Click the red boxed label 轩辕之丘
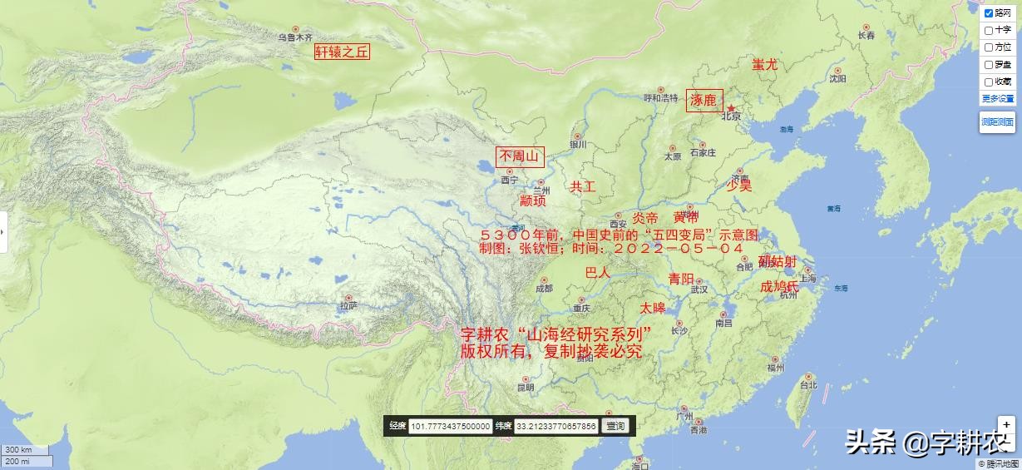tap(342, 52)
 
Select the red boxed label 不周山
tap(520, 156)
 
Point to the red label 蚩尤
tap(765, 64)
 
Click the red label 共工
tap(582, 187)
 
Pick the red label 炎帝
tap(644, 218)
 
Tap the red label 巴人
tap(598, 273)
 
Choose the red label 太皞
tap(653, 308)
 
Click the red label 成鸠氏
tap(779, 286)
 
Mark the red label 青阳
tap(681, 279)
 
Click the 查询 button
tap(615, 426)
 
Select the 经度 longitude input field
tap(451, 426)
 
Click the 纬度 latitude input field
tap(555, 426)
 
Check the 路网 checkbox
tap(989, 13)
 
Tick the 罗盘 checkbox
tap(989, 65)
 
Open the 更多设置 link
tap(998, 98)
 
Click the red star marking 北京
tap(731, 108)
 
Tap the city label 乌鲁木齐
tap(295, 37)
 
